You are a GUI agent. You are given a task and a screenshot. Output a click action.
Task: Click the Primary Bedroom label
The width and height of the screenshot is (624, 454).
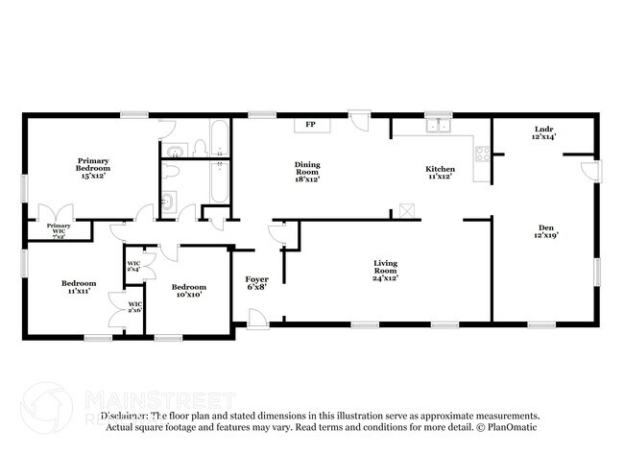pos(93,168)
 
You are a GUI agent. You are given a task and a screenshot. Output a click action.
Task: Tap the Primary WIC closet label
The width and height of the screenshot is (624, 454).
pos(58,229)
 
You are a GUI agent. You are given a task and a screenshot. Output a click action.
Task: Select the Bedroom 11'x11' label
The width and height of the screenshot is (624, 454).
pos(79,287)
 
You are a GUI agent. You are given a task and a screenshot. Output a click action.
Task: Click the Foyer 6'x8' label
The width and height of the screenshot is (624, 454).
pos(255,282)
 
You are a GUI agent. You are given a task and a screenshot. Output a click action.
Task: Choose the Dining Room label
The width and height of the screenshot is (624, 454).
pos(307,172)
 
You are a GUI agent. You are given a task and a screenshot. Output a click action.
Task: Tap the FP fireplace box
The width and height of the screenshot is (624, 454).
pos(310,125)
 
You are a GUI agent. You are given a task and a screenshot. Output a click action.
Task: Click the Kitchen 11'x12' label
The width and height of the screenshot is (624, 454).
pos(441,173)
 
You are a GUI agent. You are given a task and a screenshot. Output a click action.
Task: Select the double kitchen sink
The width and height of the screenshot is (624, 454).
pos(440,125)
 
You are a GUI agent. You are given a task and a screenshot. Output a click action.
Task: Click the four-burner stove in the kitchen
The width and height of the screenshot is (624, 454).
pos(483,153)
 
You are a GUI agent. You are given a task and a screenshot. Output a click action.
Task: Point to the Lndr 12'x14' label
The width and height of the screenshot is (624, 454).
pos(544,133)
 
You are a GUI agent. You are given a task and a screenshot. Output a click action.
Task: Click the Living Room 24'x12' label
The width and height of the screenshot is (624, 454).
pos(385,271)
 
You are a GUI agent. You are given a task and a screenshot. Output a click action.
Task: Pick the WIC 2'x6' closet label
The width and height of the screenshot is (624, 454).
pos(133,307)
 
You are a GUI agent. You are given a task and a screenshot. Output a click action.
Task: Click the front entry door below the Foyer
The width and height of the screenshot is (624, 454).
pos(256,318)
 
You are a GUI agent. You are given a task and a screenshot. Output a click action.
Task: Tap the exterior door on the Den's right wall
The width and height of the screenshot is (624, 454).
pos(593,172)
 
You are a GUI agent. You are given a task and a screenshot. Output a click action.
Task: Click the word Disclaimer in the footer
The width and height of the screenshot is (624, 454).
pos(122,417)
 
